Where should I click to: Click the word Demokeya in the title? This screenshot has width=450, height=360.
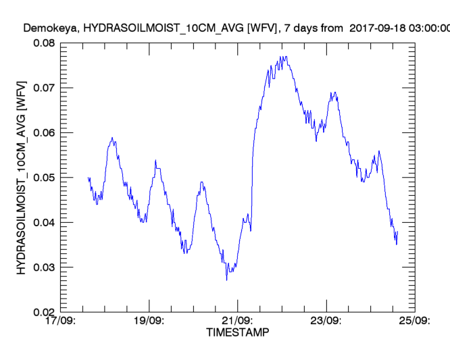click(47, 28)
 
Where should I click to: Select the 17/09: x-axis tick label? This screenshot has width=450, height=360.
click(61, 322)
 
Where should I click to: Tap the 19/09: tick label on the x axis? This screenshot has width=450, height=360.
click(149, 322)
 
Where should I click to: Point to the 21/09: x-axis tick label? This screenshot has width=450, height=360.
click(237, 322)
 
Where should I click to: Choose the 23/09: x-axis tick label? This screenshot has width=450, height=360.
click(326, 322)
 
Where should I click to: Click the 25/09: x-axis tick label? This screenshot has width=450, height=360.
click(414, 322)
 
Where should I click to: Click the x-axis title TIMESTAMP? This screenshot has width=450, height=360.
click(237, 333)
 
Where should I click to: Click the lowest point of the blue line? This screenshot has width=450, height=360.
click(227, 280)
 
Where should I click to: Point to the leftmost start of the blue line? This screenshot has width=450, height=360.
click(88, 178)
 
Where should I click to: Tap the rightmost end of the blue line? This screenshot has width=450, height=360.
click(398, 232)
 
